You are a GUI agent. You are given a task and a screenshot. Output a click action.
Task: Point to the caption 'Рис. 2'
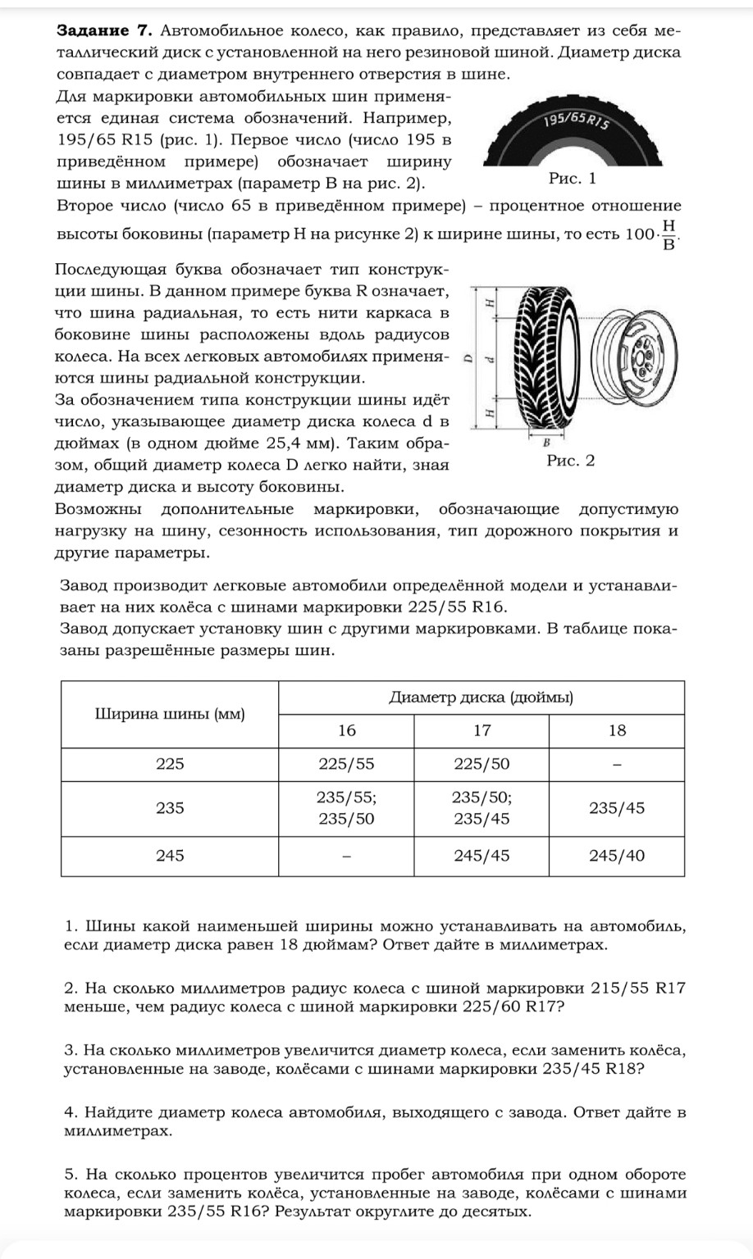click(x=570, y=461)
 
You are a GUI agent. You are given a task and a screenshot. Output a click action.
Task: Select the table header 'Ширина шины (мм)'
click(x=170, y=713)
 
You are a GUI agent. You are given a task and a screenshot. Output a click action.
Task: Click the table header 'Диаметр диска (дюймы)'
click(x=481, y=698)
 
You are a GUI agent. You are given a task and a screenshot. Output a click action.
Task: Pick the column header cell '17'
click(x=481, y=730)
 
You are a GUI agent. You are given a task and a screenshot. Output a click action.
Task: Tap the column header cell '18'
click(x=617, y=730)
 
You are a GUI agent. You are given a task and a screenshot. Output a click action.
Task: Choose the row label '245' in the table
click(x=170, y=856)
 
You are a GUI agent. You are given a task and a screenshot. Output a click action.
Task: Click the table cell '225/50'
click(x=481, y=764)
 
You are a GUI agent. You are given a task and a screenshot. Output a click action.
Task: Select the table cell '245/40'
click(x=617, y=856)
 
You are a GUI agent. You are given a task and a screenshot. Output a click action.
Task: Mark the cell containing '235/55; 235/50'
click(x=346, y=807)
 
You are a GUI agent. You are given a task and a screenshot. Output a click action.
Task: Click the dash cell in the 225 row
click(x=617, y=764)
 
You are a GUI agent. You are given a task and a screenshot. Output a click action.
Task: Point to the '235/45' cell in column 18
click(x=617, y=807)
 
